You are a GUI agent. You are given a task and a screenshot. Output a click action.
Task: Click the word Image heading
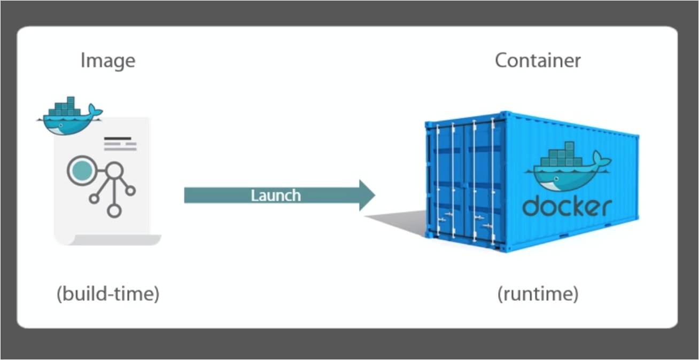[x=108, y=60]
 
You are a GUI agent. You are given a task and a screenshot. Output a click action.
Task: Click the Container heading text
[x=538, y=60]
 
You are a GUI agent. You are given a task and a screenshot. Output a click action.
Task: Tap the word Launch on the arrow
[x=276, y=195]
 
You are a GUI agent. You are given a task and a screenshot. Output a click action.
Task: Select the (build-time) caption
[x=108, y=294]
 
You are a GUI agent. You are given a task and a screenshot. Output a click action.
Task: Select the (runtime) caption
[x=538, y=294]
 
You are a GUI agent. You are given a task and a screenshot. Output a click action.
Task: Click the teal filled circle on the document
[x=81, y=170]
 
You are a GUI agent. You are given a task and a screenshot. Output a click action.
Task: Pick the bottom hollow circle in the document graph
[x=114, y=210]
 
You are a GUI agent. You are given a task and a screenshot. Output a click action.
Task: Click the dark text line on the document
[x=117, y=139]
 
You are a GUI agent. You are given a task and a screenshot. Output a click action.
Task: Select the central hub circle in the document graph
[x=114, y=171]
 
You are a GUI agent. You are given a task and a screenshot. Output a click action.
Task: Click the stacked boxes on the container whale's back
[x=561, y=155]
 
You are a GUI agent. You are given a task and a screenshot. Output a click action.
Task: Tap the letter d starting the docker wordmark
[x=531, y=206]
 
